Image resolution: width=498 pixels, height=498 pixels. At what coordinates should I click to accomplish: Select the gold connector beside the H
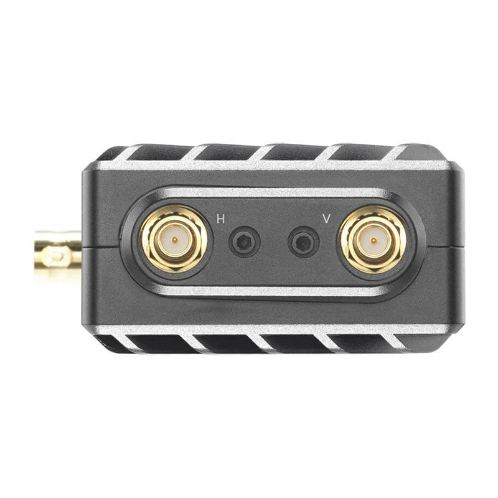pyautogui.click(x=175, y=239)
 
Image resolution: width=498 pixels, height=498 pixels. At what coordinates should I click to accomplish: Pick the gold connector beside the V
pyautogui.click(x=372, y=239)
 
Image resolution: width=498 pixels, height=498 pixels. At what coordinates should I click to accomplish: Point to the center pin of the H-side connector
pyautogui.click(x=175, y=239)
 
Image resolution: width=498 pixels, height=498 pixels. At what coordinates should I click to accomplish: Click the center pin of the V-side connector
pyautogui.click(x=372, y=239)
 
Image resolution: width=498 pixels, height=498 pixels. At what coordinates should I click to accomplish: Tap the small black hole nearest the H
pyautogui.click(x=245, y=242)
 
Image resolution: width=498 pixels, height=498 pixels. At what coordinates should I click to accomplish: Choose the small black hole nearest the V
pyautogui.click(x=304, y=242)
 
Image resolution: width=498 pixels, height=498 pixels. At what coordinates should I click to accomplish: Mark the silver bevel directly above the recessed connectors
pyautogui.click(x=274, y=194)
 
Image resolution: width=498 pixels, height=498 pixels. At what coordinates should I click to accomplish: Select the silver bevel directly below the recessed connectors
pyautogui.click(x=274, y=291)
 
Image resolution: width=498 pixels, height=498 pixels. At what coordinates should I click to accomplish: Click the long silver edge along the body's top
pyautogui.click(x=274, y=166)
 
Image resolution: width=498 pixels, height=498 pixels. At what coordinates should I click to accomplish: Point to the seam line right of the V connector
pyautogui.click(x=446, y=247)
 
